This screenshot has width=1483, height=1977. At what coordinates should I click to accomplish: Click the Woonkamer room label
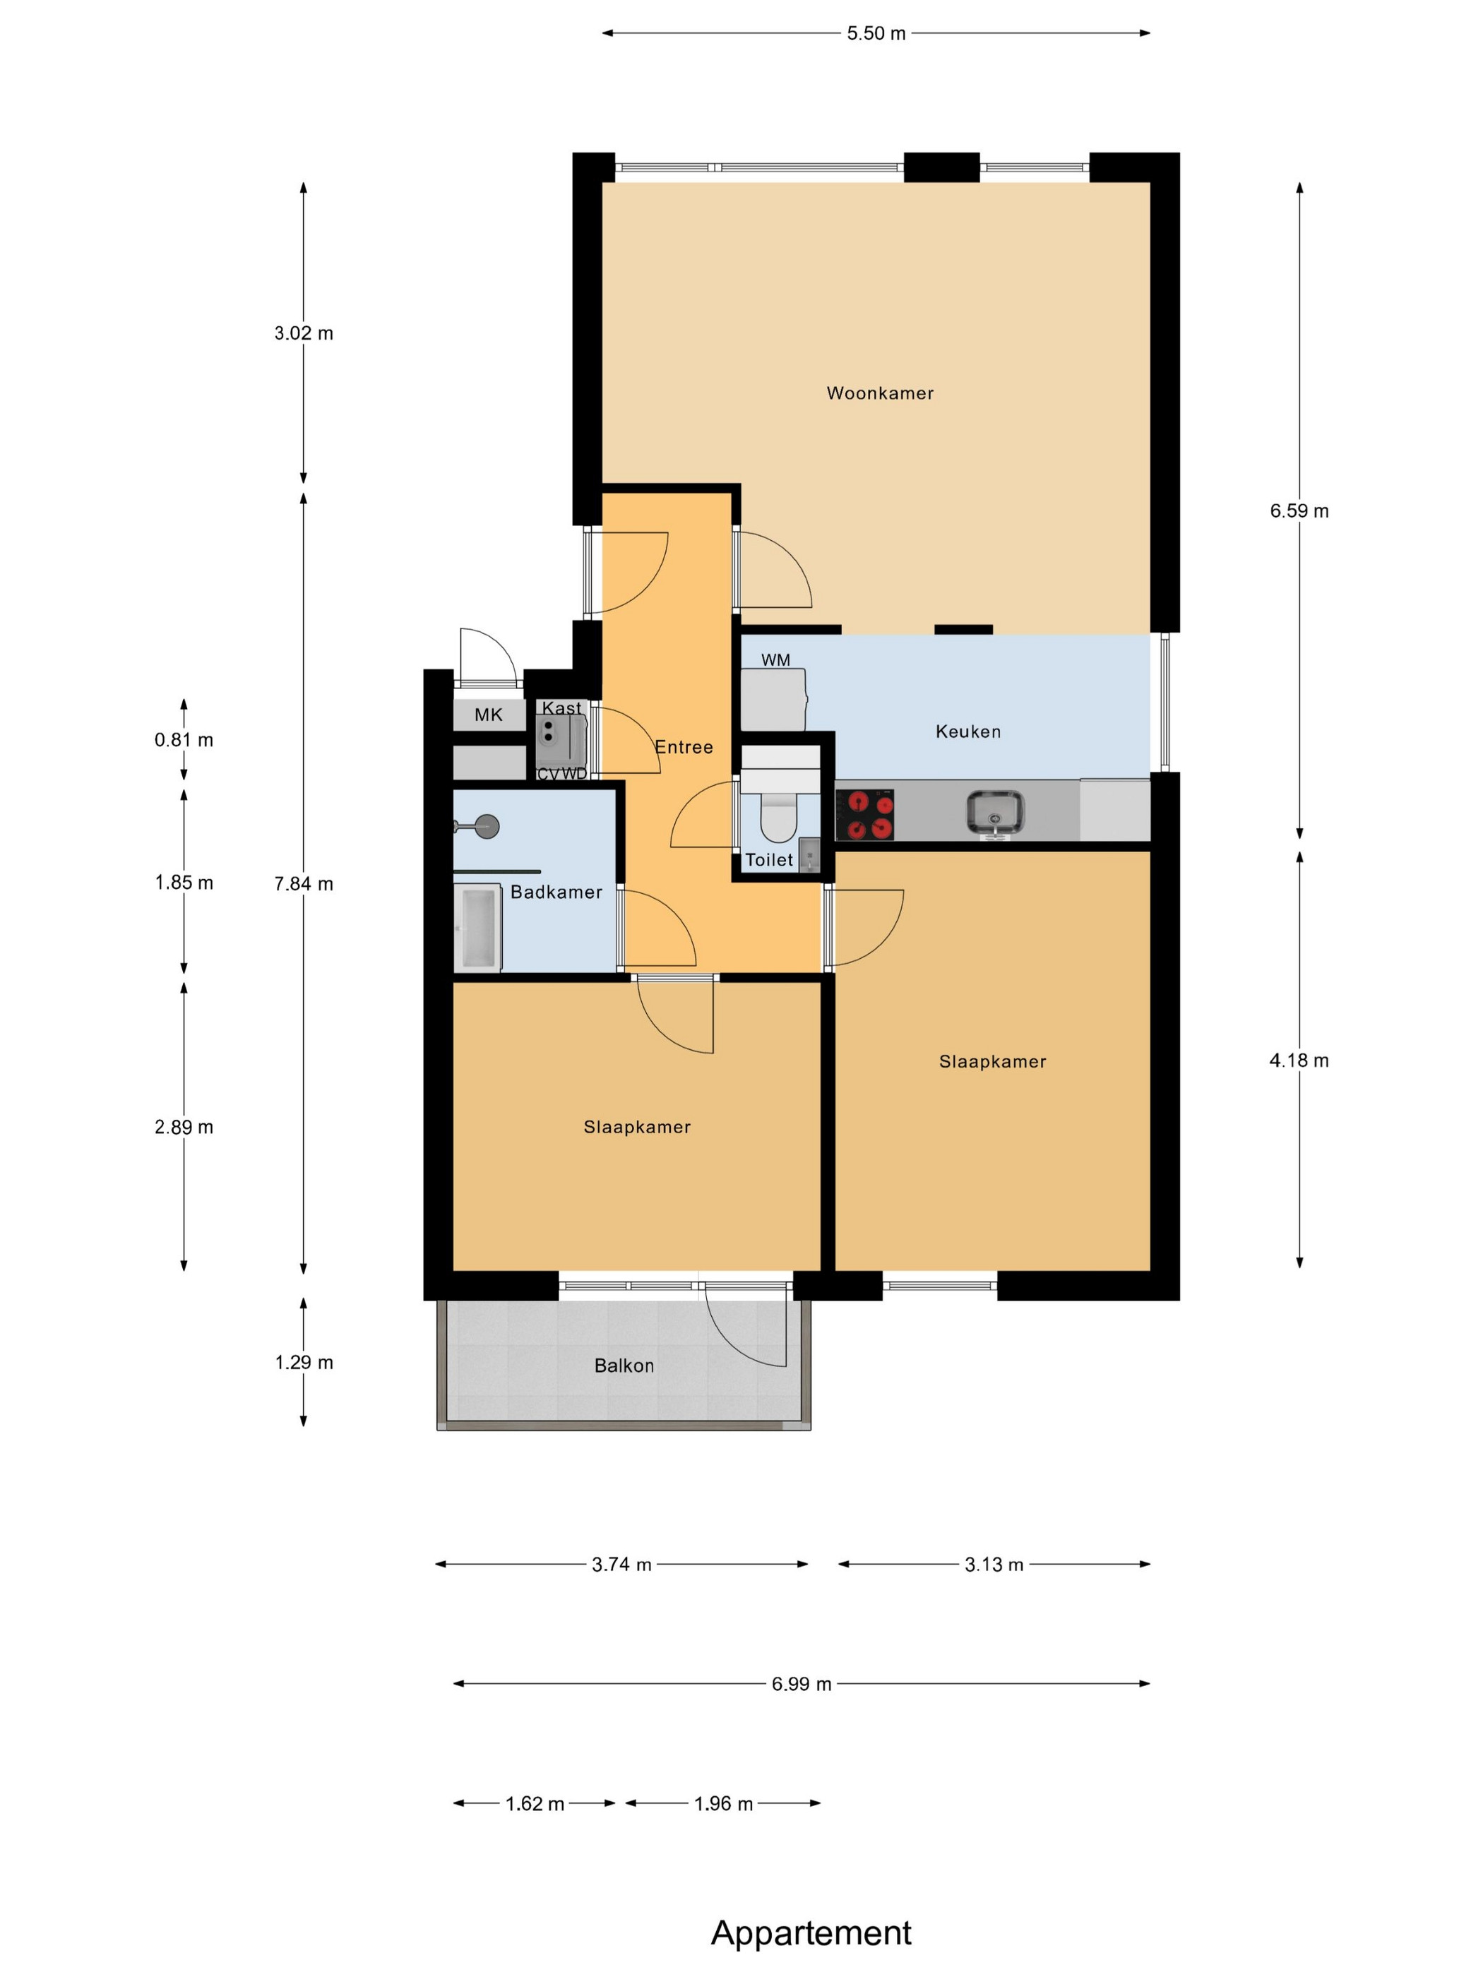(880, 393)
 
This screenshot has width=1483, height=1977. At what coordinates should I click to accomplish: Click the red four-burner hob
(864, 814)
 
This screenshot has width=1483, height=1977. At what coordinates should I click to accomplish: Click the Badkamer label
(556, 892)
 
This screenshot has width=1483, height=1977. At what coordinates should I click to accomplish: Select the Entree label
(684, 747)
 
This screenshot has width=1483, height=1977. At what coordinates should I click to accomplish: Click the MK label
(488, 715)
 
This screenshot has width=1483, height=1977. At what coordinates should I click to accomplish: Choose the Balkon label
(624, 1366)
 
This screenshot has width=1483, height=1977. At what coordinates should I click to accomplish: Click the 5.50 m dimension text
(876, 34)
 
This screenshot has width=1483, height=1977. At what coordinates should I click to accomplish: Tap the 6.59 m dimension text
(1299, 511)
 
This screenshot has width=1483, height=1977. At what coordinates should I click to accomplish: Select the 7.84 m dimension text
(304, 884)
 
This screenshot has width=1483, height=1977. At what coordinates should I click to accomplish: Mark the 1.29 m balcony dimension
(304, 1362)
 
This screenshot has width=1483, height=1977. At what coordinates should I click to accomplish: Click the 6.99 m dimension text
(802, 1684)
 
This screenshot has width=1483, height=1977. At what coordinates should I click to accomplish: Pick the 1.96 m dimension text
(724, 1803)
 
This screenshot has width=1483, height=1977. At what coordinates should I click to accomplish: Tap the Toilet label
(769, 860)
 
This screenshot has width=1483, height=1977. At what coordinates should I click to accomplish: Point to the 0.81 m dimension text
(184, 740)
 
